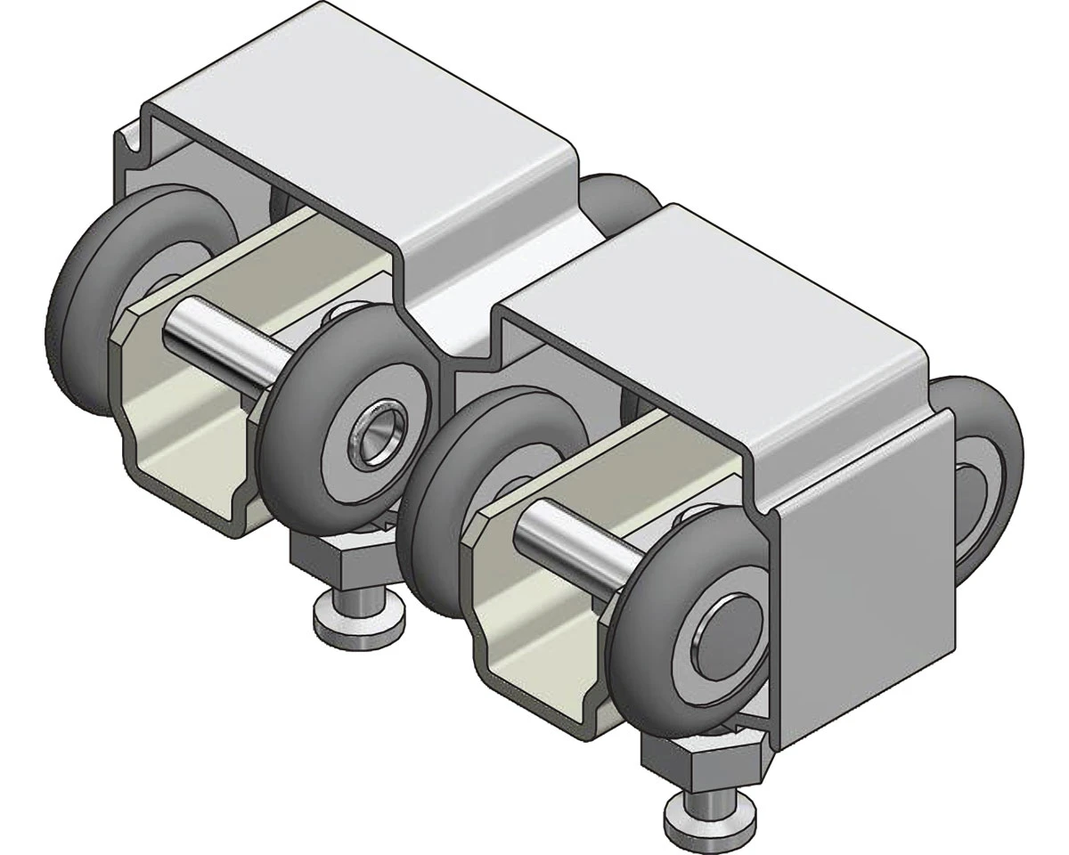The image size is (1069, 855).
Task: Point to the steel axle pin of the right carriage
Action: (x=570, y=545)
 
